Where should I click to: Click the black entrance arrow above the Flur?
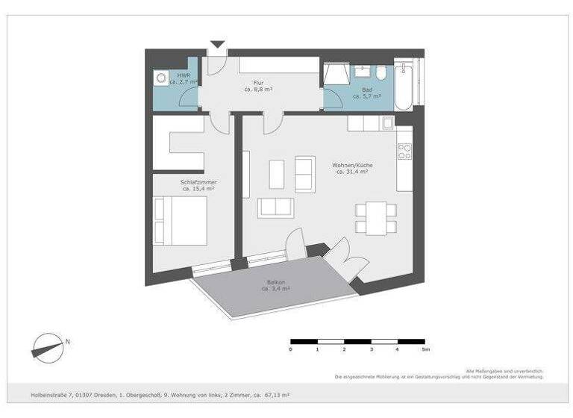pos(217,45)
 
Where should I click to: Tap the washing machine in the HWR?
pos(161,78)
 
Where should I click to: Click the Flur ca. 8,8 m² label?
pos(257,86)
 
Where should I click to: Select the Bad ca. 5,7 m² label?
pos(366,93)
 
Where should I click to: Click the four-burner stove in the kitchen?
pos(404,152)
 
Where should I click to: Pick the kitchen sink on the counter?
pos(388,122)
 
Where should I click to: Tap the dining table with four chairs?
pos(372,217)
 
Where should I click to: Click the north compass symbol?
pos(48,346)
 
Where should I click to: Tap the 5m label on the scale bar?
pos(425,349)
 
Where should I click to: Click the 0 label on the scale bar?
pos(291,349)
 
